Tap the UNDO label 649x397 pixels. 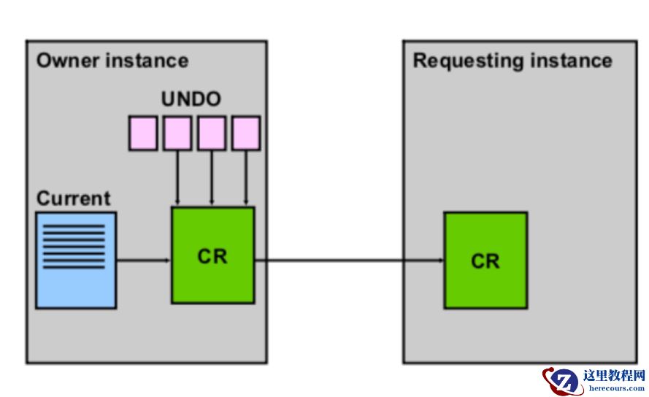pyautogui.click(x=191, y=99)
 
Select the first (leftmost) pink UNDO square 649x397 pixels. pyautogui.click(x=143, y=133)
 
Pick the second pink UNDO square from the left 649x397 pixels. pyautogui.click(x=177, y=133)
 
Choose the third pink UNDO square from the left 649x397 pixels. pyautogui.click(x=212, y=133)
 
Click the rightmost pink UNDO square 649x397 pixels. pyautogui.click(x=246, y=133)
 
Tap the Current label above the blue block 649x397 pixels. pyautogui.click(x=73, y=198)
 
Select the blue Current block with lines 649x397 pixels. pyautogui.click(x=76, y=260)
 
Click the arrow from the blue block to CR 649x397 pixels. pyautogui.click(x=143, y=259)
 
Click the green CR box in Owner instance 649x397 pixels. pyautogui.click(x=212, y=255)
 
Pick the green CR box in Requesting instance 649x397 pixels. pyautogui.click(x=485, y=260)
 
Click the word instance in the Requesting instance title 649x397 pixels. pyautogui.click(x=572, y=60)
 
